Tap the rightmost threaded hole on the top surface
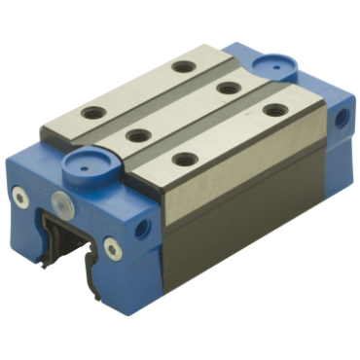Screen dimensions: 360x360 [275, 109]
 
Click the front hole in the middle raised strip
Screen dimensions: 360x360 [137, 134]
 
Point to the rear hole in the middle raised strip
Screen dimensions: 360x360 [229, 89]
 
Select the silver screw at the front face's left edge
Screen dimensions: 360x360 [20, 198]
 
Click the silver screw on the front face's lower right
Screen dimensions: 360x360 [113, 248]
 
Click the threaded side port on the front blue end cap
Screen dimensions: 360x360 [144, 230]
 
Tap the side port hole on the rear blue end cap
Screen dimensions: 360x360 [341, 116]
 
